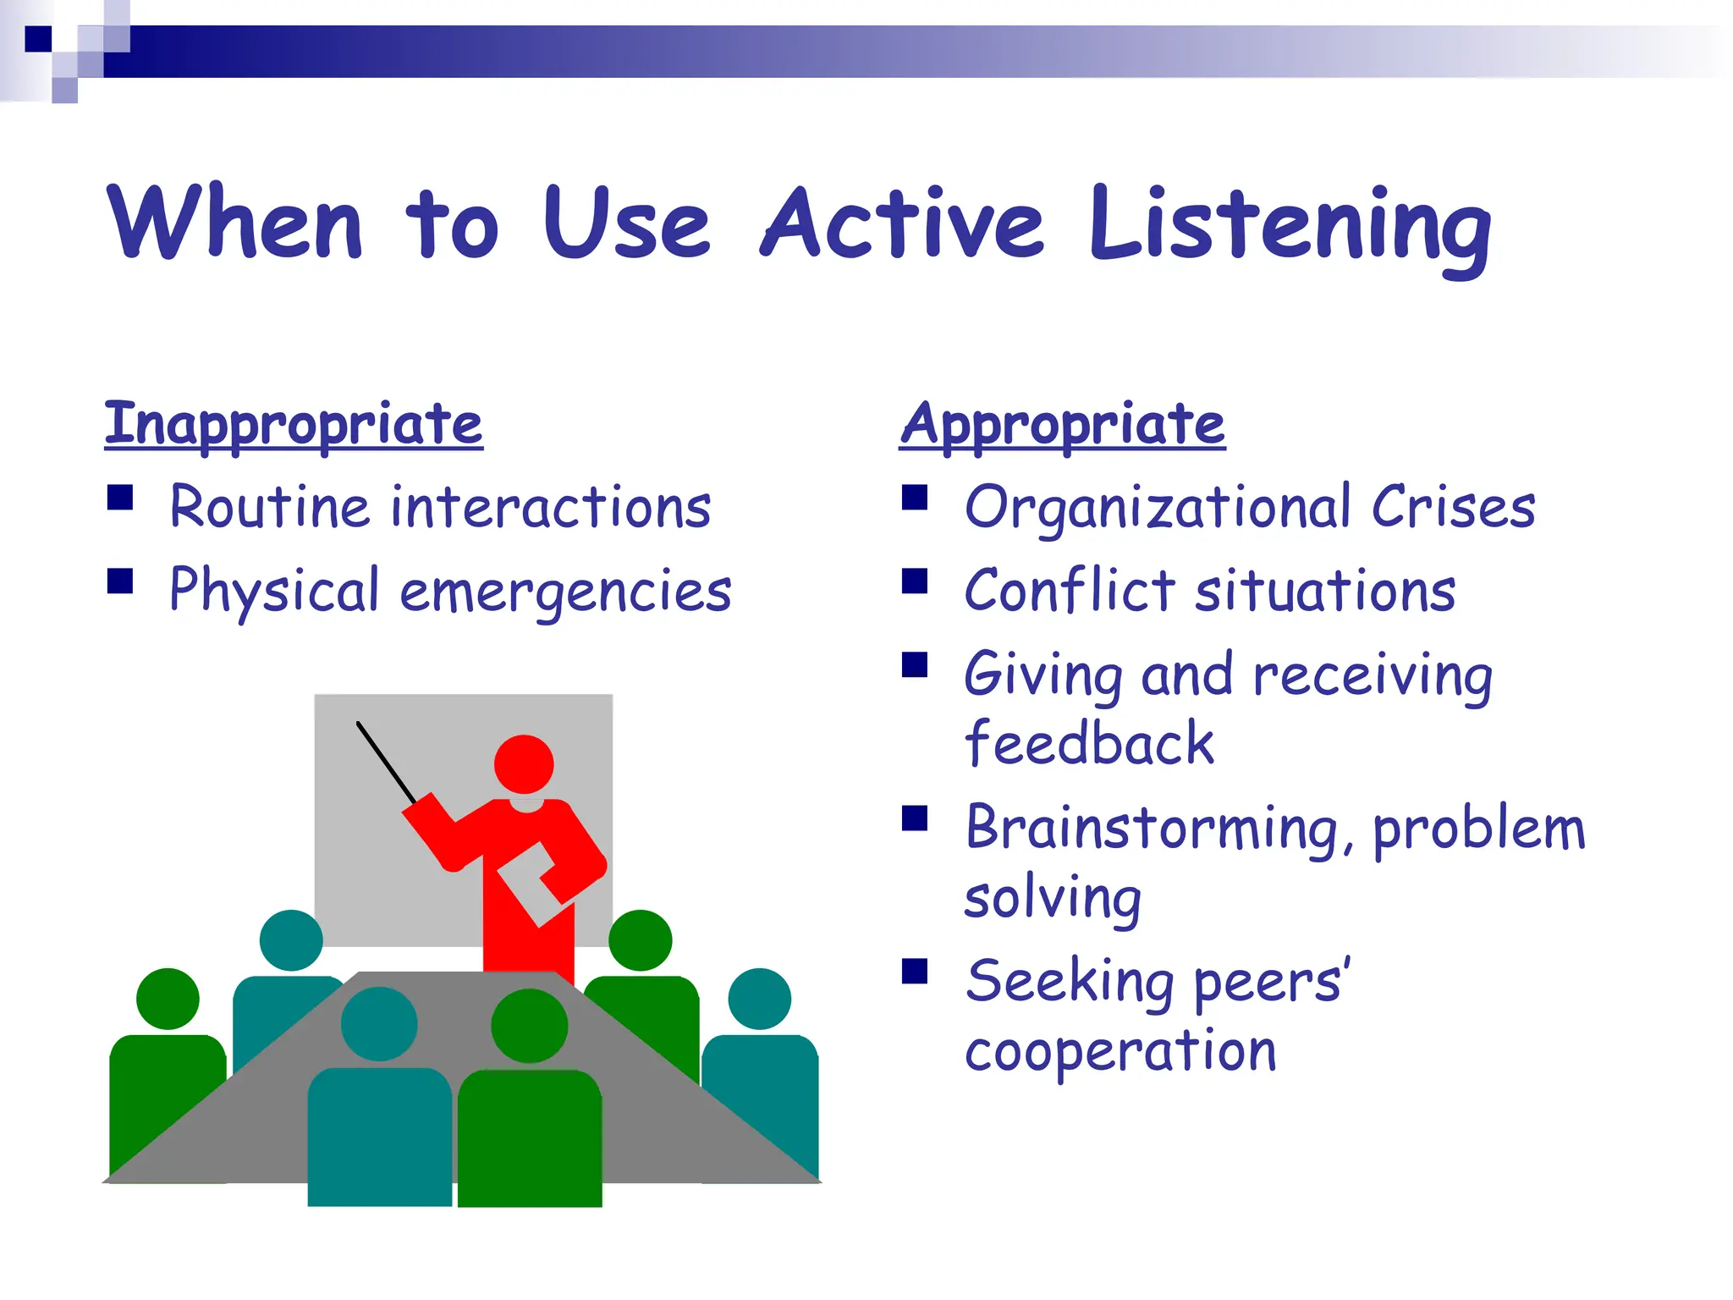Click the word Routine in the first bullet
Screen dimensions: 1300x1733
[269, 508]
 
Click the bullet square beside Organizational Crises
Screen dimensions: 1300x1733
[915, 498]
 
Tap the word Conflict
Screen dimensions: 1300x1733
[1070, 591]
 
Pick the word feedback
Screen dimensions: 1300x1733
[1089, 744]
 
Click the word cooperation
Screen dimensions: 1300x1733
[1120, 1052]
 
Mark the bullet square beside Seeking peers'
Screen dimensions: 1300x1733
[915, 971]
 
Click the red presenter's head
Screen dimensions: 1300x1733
[524, 764]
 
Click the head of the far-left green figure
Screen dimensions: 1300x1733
[168, 999]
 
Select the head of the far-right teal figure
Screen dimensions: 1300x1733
[759, 999]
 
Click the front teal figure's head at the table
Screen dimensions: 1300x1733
[379, 1024]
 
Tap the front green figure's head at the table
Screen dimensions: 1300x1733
[530, 1026]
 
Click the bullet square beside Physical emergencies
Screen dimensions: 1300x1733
[120, 581]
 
